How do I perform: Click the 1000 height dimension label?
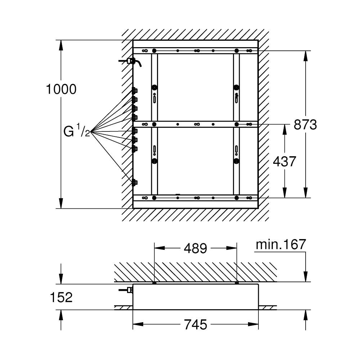pyautogui.click(x=61, y=89)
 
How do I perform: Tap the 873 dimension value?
pyautogui.click(x=305, y=125)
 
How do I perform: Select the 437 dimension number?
pyautogui.click(x=284, y=161)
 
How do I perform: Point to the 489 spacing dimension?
pyautogui.click(x=195, y=248)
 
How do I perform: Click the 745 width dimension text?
pyautogui.click(x=195, y=325)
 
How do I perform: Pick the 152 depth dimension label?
pyautogui.click(x=61, y=297)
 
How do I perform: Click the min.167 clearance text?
pyautogui.click(x=281, y=244)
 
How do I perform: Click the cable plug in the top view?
pyautogui.click(x=131, y=61)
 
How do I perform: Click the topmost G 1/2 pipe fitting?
pyautogui.click(x=135, y=91)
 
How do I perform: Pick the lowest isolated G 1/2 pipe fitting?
pyautogui.click(x=135, y=183)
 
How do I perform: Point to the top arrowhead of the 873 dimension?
pyautogui.click(x=305, y=56)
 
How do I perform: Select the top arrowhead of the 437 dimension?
pyautogui.click(x=284, y=130)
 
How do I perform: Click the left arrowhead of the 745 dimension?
pyautogui.click(x=138, y=324)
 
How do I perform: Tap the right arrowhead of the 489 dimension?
pyautogui.click(x=231, y=248)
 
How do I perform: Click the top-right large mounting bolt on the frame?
pyautogui.click(x=236, y=50)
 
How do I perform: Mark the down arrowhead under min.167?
pyautogui.click(x=305, y=276)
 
